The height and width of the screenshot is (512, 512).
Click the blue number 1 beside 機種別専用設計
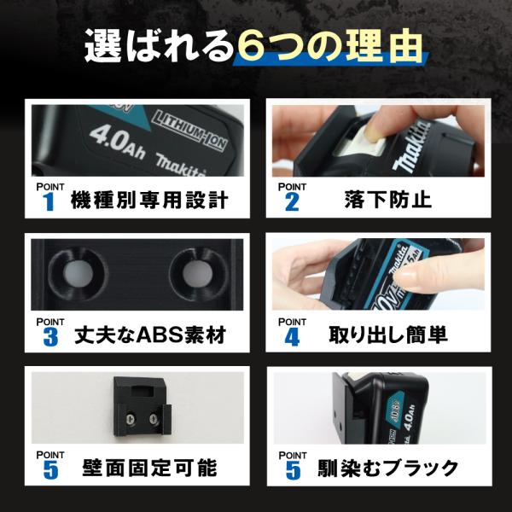coord(49,201)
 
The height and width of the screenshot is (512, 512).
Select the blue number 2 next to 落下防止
coord(292,201)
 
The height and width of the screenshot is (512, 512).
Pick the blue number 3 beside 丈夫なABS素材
coord(50,337)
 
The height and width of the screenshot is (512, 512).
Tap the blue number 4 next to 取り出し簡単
coord(292,337)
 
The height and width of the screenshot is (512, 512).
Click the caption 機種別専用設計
coord(149,201)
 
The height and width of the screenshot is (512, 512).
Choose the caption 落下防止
coord(388,200)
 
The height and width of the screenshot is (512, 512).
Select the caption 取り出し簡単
coord(388,335)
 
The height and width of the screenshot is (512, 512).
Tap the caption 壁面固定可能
coord(149,468)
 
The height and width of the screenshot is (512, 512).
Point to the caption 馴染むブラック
coord(388,468)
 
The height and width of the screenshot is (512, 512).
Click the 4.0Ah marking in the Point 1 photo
coord(117,142)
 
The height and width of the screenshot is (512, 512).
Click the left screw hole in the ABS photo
coord(78,274)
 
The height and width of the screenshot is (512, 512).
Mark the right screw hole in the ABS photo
coord(198,273)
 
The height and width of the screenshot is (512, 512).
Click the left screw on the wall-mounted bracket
coord(130,417)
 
